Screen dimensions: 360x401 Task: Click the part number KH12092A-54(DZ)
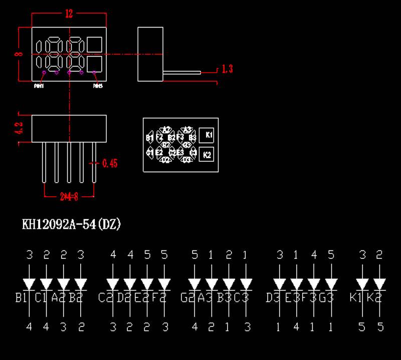click(x=71, y=225)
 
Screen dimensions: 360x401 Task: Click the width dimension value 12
click(x=69, y=14)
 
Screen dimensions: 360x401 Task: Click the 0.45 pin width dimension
click(x=110, y=163)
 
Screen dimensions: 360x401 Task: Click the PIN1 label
click(x=39, y=86)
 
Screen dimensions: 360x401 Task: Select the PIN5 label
click(x=98, y=86)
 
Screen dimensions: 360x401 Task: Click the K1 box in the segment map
click(x=209, y=135)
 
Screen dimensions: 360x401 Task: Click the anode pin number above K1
click(x=362, y=255)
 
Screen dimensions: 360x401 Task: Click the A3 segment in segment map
click(x=187, y=129)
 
